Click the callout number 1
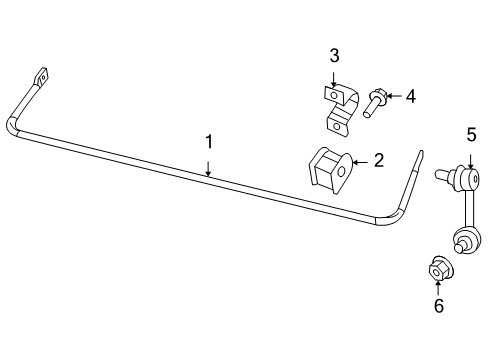209,142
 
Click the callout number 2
378,160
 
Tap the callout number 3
334,55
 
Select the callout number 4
410,96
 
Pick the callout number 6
438,306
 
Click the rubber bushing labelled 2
327,172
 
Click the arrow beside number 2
362,161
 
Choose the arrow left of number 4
393,96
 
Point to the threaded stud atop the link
443,176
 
